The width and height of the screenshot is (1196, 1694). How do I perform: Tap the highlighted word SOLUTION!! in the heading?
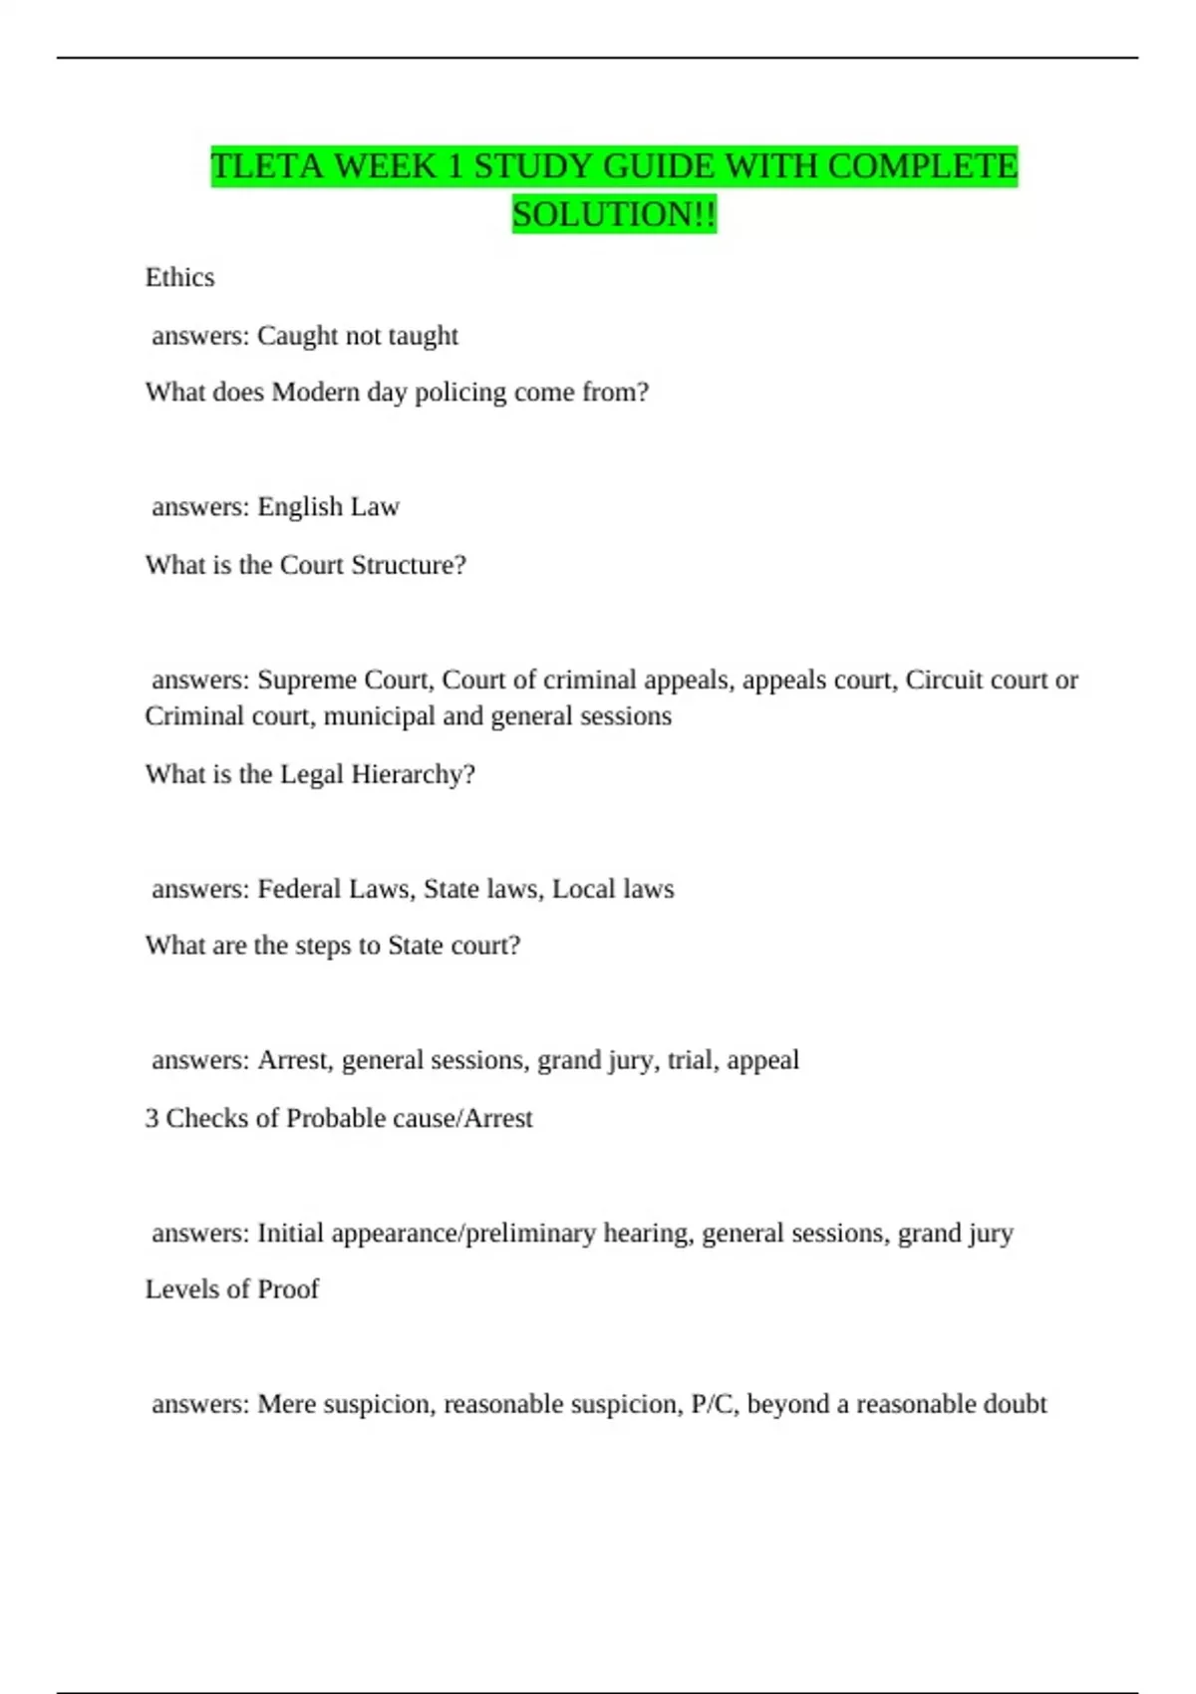point(614,214)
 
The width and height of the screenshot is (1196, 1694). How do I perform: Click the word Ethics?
point(179,277)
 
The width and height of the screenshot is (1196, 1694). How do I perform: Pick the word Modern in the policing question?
point(315,393)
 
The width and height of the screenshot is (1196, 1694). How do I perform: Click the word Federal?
point(297,889)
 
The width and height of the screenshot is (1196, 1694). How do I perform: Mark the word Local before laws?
point(583,889)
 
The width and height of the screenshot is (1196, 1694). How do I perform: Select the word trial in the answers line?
point(690,1060)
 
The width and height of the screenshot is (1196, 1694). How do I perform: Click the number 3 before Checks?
point(151,1118)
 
